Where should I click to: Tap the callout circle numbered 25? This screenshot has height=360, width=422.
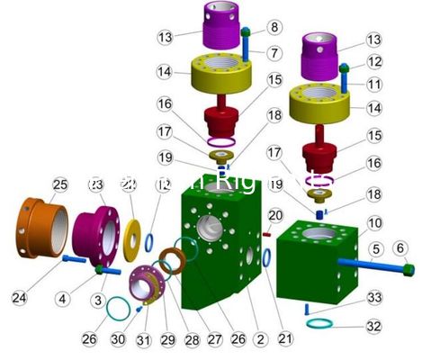(58, 185)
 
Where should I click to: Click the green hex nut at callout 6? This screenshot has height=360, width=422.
(409, 268)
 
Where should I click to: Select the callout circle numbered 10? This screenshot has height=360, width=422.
(373, 222)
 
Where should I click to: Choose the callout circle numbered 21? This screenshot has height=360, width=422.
(285, 338)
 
